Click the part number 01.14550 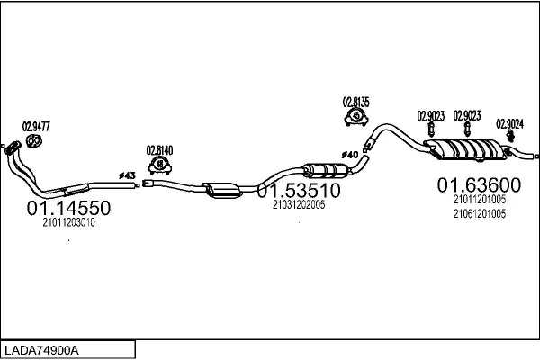(68, 208)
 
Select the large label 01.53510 (299, 190)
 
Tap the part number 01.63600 (479, 185)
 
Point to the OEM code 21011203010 (69, 222)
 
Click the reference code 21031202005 (299, 204)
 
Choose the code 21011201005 (480, 199)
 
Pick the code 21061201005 (480, 214)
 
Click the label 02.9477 (36, 126)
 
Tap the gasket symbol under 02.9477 (34, 141)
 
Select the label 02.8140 (159, 150)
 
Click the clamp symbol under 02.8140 (160, 165)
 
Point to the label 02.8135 (355, 102)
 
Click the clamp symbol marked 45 (356, 116)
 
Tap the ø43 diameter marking (127, 175)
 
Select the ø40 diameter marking (350, 155)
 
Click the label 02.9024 (509, 124)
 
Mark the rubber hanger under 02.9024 (510, 137)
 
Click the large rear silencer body (465, 149)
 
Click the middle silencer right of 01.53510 (326, 170)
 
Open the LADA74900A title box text (41, 350)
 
